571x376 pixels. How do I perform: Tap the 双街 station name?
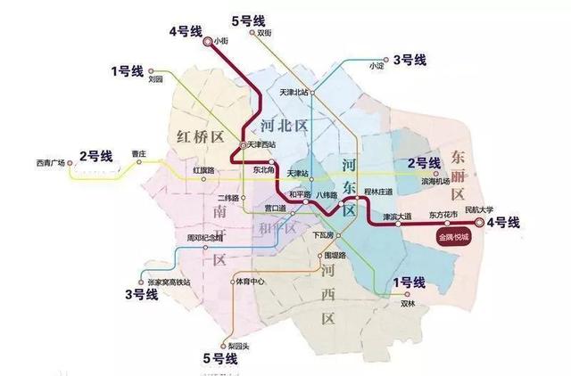point(264,33)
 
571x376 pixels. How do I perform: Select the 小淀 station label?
point(374,64)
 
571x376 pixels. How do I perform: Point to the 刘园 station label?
point(156,78)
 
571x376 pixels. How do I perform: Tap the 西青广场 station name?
point(51,162)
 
